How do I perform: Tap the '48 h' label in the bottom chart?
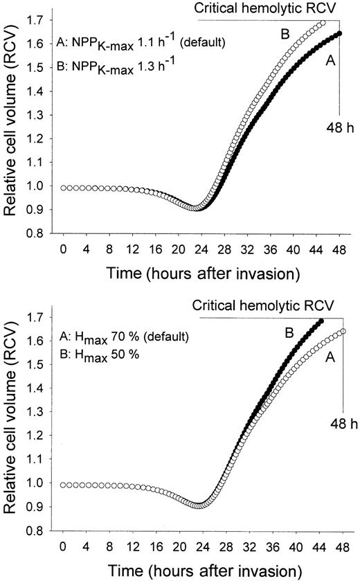click(x=336, y=424)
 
